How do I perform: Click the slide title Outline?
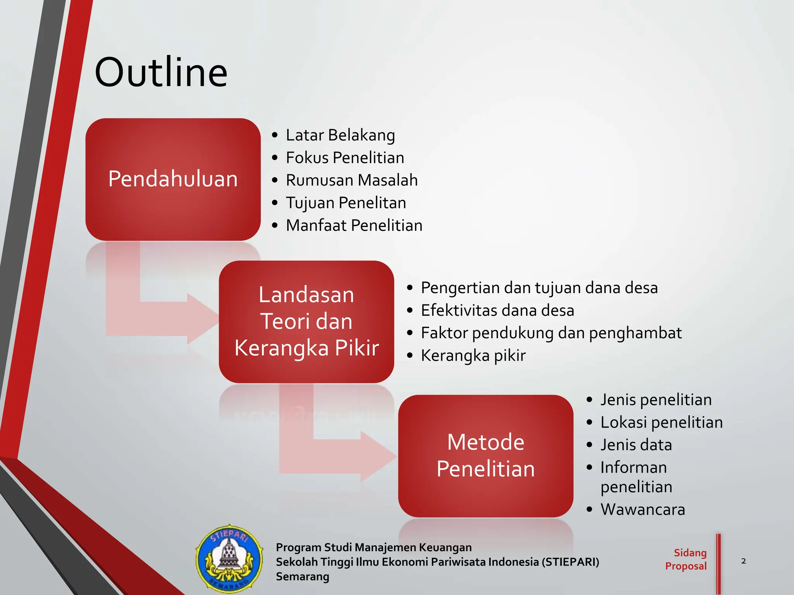click(161, 72)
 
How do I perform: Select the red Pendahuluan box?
click(173, 179)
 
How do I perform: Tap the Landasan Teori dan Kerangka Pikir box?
click(306, 322)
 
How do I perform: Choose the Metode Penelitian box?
click(485, 456)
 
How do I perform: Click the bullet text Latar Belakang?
click(340, 135)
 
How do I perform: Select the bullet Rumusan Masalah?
click(351, 180)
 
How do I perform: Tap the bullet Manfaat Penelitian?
click(354, 225)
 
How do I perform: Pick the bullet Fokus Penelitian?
click(345, 158)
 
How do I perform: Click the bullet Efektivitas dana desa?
click(497, 310)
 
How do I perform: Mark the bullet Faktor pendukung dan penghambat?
click(551, 333)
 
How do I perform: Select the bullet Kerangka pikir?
click(473, 355)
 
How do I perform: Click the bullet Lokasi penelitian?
click(661, 422)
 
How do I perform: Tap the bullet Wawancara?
click(642, 509)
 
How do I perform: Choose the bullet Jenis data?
click(636, 445)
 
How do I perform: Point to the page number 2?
click(743, 561)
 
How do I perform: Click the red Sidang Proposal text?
click(686, 559)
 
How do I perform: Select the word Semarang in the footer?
click(302, 577)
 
